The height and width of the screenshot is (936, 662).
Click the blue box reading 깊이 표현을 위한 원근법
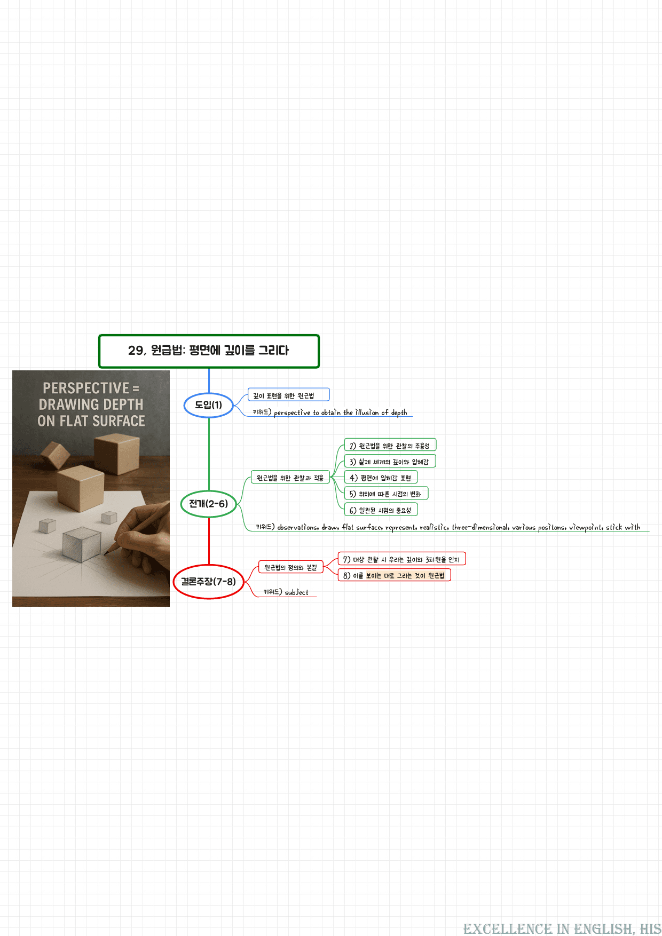(x=289, y=395)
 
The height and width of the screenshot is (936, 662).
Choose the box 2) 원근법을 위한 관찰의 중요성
(x=390, y=445)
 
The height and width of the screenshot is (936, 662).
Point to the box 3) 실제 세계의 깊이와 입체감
(x=390, y=461)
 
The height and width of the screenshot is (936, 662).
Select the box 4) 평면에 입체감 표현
(x=381, y=477)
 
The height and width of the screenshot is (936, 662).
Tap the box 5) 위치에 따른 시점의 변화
(x=386, y=494)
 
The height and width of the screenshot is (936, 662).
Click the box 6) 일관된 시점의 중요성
(x=381, y=510)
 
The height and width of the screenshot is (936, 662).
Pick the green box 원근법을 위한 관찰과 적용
(x=290, y=478)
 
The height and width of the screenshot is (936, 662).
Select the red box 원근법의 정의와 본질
(x=290, y=567)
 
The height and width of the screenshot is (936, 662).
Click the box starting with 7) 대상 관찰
(x=402, y=559)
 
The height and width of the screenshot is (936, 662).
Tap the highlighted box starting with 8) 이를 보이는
(x=395, y=575)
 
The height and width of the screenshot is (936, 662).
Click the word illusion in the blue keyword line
(x=367, y=413)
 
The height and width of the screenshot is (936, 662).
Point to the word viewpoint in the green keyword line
(x=585, y=527)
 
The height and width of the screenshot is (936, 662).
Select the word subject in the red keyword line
(x=297, y=592)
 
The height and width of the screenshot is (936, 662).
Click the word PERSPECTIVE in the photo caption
(x=86, y=388)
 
